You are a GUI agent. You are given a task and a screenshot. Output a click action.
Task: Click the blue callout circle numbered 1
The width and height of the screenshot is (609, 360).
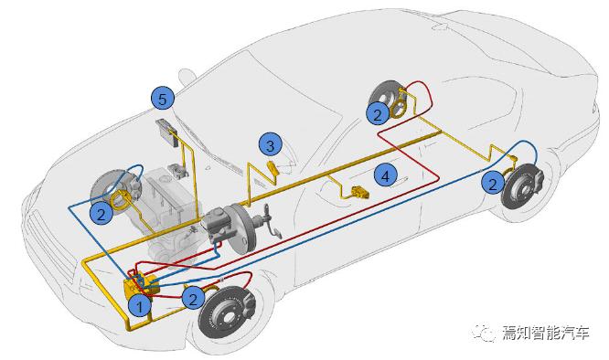point(140,306)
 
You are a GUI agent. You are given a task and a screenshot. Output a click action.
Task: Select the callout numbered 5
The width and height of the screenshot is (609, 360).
point(163,99)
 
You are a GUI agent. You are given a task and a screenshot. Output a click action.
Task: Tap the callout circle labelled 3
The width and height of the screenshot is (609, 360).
point(271,145)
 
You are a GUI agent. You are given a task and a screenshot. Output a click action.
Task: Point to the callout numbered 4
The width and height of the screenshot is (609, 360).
point(385,175)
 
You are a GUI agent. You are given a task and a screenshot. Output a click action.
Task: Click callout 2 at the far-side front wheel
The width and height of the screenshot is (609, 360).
point(101,214)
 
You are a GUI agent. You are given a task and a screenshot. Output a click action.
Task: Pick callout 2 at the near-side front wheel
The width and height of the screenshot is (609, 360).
point(194,298)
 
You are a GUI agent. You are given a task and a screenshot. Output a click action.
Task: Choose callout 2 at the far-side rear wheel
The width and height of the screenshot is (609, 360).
point(377,113)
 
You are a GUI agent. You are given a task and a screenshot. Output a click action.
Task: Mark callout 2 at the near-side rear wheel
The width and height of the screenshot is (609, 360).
point(493,183)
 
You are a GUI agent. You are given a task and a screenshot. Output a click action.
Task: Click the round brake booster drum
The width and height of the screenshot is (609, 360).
point(241,229)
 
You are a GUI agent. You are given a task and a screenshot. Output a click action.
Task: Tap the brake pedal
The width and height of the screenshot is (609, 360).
point(276,232)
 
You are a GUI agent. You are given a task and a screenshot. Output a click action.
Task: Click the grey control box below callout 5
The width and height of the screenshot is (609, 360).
point(167,132)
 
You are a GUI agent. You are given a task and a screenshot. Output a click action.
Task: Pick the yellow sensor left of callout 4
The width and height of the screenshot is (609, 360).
point(359,193)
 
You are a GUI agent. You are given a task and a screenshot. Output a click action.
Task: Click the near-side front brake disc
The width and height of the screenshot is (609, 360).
point(226,312)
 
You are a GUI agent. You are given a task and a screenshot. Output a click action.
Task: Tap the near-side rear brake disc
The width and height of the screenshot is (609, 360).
point(523,187)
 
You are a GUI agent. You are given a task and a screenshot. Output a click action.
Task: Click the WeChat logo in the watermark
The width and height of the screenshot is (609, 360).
point(484,333)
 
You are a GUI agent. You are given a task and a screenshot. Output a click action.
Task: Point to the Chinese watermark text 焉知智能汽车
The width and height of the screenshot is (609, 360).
point(546,333)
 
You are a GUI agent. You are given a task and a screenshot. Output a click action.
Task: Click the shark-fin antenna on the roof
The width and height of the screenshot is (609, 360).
point(441,26)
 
